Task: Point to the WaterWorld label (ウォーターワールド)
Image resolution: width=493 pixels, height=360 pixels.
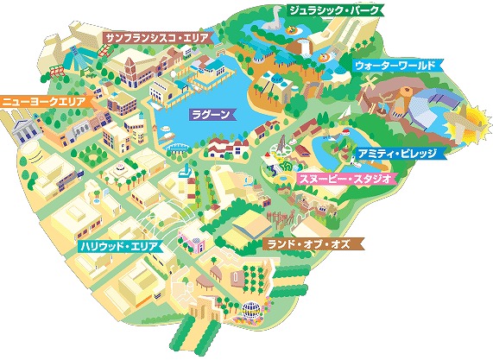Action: click(x=396, y=66)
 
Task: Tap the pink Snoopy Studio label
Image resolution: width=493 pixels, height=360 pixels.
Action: click(x=345, y=178)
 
